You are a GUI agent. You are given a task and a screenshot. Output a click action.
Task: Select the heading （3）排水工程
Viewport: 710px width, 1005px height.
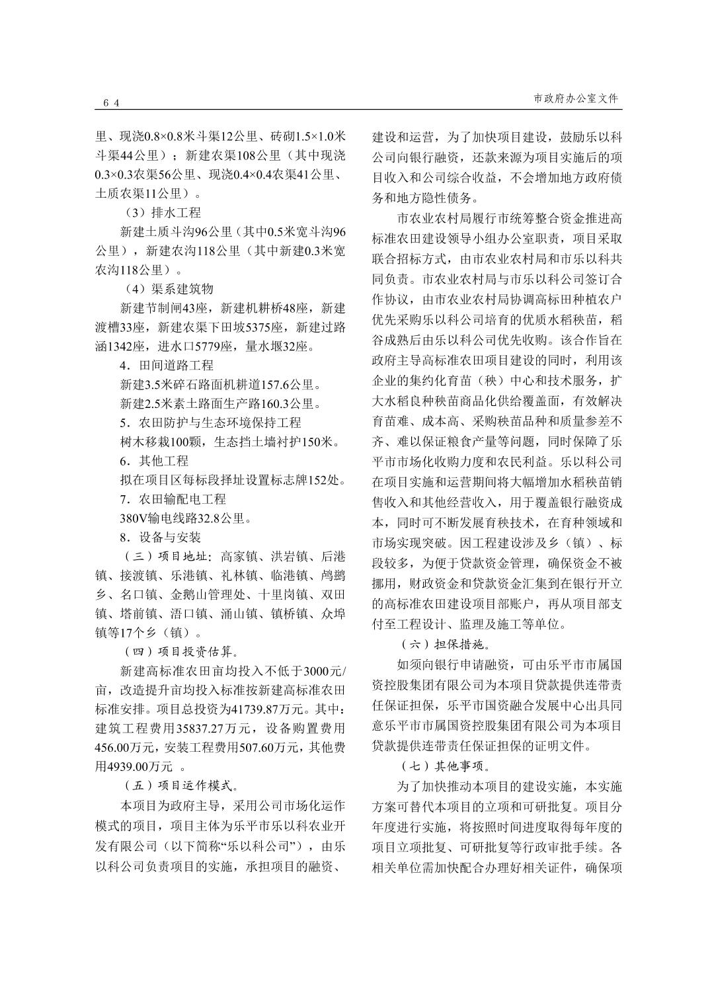(163, 213)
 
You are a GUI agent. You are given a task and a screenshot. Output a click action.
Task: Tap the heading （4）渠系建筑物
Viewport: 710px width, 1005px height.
(169, 289)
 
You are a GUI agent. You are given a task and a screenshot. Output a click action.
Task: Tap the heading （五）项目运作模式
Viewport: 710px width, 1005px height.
(181, 786)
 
